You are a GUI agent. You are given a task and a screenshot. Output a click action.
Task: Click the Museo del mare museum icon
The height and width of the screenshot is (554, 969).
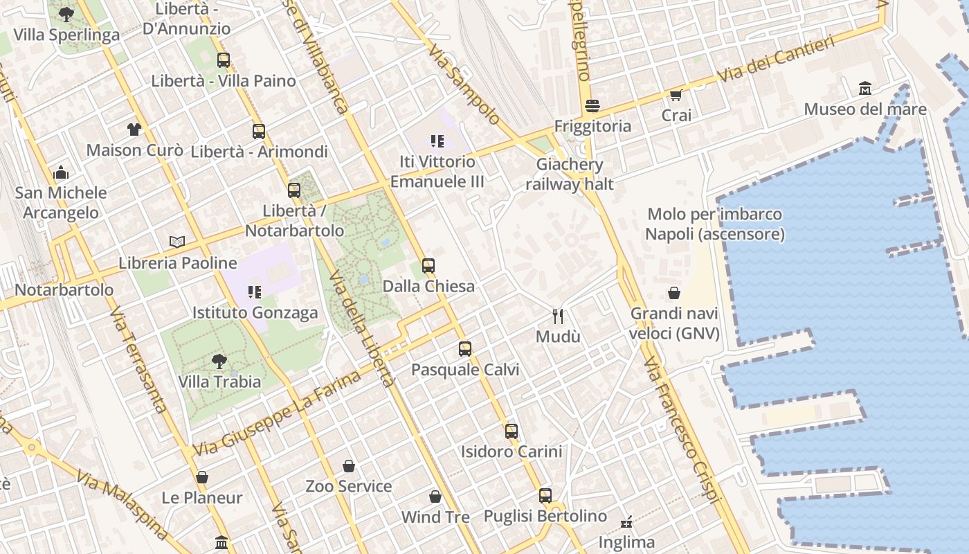click(x=864, y=89)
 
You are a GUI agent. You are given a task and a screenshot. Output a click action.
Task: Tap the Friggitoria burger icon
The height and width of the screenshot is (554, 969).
click(x=592, y=106)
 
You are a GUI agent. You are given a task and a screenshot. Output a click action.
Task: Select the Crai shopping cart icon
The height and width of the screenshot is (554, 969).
click(x=676, y=95)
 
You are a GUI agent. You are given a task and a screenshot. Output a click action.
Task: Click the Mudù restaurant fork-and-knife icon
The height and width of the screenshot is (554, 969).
click(x=558, y=316)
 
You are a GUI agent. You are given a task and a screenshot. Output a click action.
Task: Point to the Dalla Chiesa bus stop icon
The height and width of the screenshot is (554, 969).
click(x=428, y=266)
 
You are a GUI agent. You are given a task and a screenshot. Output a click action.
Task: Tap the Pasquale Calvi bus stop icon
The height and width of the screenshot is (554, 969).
click(x=465, y=349)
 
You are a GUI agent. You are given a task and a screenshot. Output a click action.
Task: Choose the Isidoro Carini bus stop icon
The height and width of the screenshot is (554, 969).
click(x=511, y=431)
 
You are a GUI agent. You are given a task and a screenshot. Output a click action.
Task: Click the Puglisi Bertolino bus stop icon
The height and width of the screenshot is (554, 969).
click(x=545, y=496)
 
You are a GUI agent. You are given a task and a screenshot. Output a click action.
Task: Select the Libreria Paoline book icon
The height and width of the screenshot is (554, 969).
click(x=177, y=242)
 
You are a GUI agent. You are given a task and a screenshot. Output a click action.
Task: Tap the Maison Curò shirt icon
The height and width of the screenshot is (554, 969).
click(x=134, y=129)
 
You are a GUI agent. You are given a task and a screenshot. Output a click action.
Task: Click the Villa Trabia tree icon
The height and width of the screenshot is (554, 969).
click(x=219, y=361)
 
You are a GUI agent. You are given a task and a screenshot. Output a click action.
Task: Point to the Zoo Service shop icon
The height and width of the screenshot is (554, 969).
click(x=349, y=466)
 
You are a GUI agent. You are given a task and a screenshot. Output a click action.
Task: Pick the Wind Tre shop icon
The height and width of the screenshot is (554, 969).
click(x=435, y=497)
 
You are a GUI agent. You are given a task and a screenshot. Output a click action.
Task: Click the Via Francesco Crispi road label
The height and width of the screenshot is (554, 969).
click(x=682, y=429)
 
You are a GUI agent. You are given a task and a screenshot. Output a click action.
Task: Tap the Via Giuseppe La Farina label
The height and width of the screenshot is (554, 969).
click(x=277, y=413)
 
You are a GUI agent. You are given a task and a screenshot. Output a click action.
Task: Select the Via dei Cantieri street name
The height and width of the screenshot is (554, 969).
click(x=775, y=60)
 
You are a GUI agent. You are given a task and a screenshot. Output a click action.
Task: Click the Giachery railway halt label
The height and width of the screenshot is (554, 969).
click(x=570, y=175)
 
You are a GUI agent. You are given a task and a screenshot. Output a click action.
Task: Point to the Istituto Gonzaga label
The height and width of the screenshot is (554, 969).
click(x=255, y=312)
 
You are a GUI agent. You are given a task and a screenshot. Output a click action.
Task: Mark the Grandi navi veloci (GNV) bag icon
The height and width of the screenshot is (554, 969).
click(x=674, y=294)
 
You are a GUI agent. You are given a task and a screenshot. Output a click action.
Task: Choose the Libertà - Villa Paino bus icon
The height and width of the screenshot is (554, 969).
click(x=223, y=60)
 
